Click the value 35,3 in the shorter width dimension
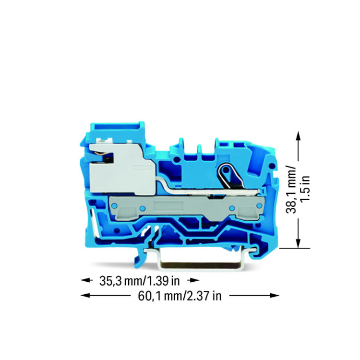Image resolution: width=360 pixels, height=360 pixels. coord(111,281)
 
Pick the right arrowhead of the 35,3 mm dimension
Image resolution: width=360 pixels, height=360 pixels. coord(195,280)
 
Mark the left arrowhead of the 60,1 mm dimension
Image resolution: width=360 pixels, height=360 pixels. coord(85,296)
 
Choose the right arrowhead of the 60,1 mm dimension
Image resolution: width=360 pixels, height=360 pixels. coord(275,296)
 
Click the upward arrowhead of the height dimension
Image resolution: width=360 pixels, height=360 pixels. coord(298,135)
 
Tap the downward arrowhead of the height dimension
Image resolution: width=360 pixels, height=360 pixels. coord(298,243)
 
